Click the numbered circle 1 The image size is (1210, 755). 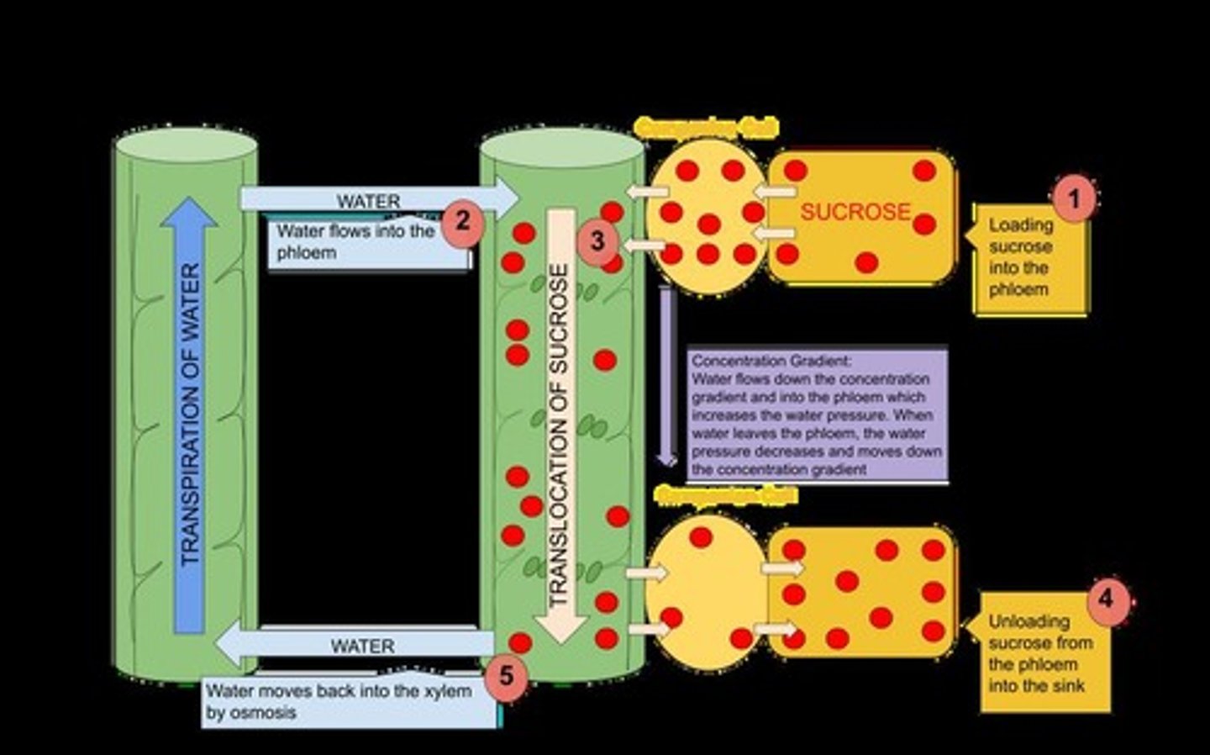(x=1073, y=198)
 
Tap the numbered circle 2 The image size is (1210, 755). (x=461, y=222)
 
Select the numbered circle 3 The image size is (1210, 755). (x=597, y=241)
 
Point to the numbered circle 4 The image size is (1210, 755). (x=1106, y=599)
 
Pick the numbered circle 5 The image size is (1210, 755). (x=505, y=675)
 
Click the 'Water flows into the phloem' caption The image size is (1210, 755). (x=356, y=242)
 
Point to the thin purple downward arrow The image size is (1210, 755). (x=666, y=378)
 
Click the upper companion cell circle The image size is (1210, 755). (x=708, y=216)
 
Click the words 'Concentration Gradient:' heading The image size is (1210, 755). (x=771, y=361)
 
